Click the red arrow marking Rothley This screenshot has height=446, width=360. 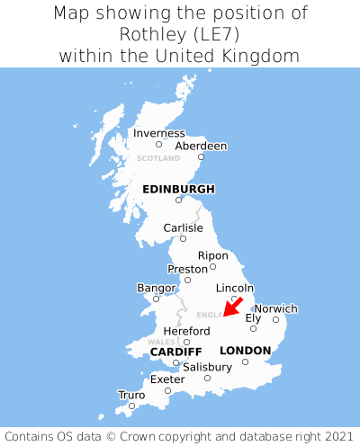[x=232, y=307]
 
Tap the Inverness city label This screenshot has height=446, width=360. [x=158, y=133]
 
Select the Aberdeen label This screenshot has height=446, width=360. [x=201, y=146]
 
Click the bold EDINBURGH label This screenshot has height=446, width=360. [x=178, y=189]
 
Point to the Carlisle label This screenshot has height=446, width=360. [x=183, y=227]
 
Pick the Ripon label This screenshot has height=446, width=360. [x=212, y=255]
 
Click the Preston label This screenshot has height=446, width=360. [x=187, y=269]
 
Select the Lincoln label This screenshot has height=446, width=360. [x=235, y=288]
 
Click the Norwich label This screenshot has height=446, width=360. [x=275, y=308]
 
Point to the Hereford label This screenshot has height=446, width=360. [x=186, y=331]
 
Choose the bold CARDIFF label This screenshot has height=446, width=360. [x=175, y=351]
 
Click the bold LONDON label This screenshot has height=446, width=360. [x=245, y=350]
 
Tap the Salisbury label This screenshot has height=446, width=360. [x=207, y=367]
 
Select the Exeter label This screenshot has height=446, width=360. [x=167, y=379]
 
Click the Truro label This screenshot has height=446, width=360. [x=131, y=395]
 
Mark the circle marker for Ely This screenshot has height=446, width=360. [x=253, y=328]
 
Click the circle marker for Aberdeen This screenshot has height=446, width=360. [x=202, y=157]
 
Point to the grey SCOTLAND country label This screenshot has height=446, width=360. [x=158, y=158]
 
